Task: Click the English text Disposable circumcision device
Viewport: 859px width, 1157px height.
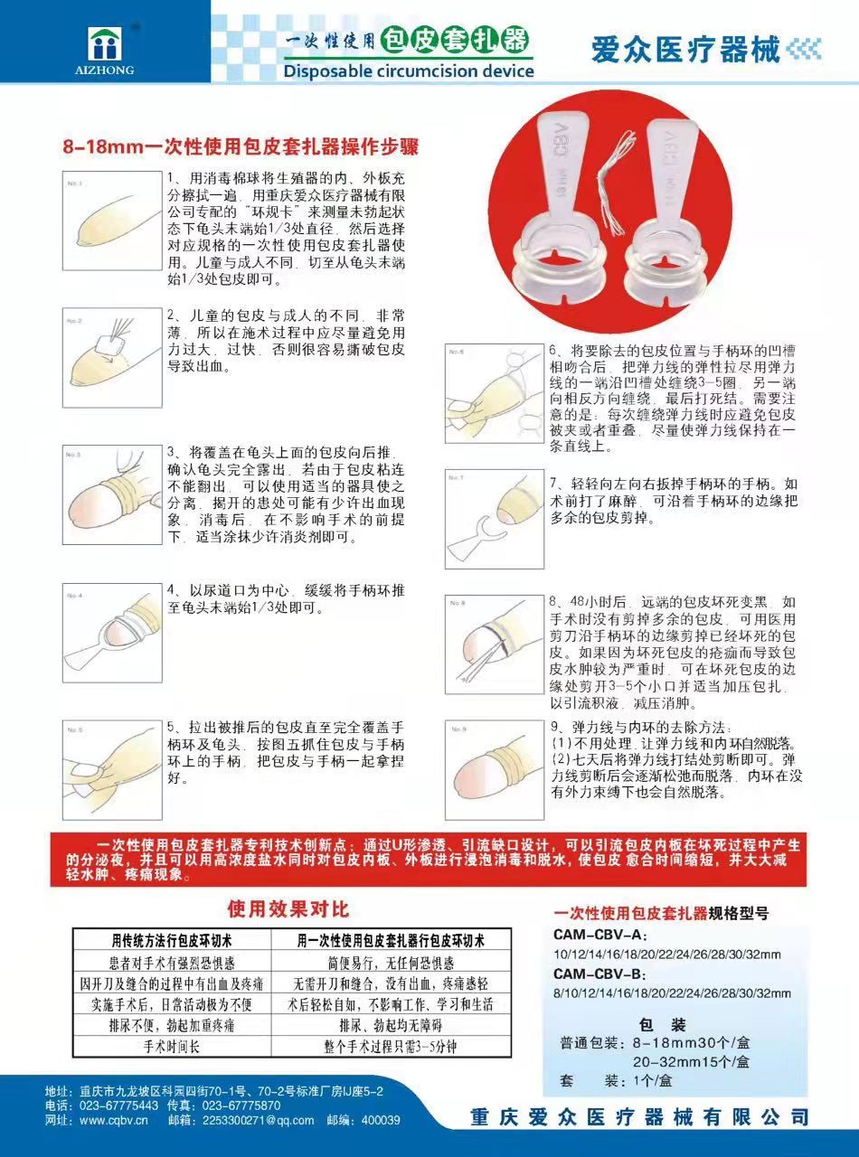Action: (x=409, y=71)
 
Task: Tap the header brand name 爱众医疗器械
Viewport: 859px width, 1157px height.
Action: (x=684, y=50)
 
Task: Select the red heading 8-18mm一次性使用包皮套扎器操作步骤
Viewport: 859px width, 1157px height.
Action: (x=241, y=146)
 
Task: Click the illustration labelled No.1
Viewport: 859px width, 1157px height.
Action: (x=110, y=218)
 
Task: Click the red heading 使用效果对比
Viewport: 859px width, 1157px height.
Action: (x=288, y=908)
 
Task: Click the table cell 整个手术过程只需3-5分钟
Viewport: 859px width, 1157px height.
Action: (x=390, y=1047)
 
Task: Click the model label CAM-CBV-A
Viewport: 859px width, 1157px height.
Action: (x=600, y=936)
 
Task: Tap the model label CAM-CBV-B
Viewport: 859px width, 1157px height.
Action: (x=600, y=974)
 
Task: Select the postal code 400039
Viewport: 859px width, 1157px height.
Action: (x=381, y=1120)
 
